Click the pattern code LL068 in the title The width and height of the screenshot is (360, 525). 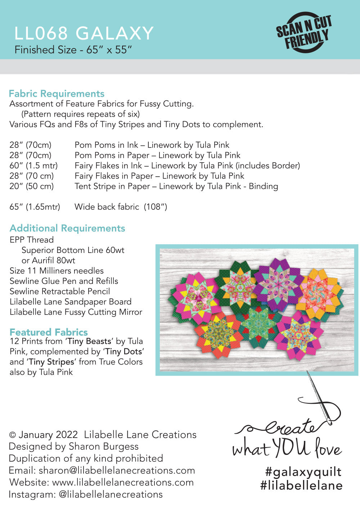click(41, 33)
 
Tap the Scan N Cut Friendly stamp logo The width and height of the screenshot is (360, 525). click(304, 32)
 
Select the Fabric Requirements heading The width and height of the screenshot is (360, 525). click(57, 94)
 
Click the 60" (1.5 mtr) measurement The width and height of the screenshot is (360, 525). click(33, 166)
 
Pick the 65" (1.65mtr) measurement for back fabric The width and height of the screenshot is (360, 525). click(35, 207)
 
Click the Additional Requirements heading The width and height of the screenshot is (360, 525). click(67, 228)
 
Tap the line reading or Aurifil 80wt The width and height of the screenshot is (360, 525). click(48, 260)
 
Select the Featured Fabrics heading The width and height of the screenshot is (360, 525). click(49, 332)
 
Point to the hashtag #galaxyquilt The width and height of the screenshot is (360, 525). click(303, 471)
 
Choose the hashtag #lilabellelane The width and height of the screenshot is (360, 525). click(301, 485)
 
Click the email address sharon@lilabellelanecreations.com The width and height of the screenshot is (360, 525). click(117, 470)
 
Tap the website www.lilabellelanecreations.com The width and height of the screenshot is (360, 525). click(123, 482)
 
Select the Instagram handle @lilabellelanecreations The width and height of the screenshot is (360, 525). click(111, 494)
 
